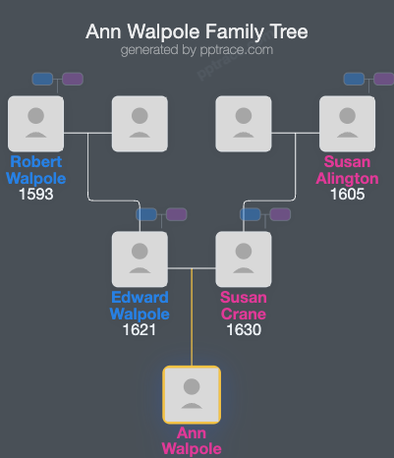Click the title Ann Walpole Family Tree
[197, 31]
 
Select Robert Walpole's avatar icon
[35, 123]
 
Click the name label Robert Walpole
[35, 169]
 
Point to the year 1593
[35, 194]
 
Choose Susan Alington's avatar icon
[347, 123]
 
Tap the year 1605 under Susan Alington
[347, 194]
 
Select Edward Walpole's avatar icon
[140, 258]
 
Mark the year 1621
[140, 329]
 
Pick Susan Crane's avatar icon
[243, 258]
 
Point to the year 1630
[243, 329]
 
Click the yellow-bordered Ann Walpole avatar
[192, 394]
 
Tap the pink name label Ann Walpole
[192, 440]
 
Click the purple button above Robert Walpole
[73, 79]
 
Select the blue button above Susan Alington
[354, 79]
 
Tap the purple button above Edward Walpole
[176, 214]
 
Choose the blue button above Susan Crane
[251, 214]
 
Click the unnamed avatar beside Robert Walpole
[140, 123]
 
